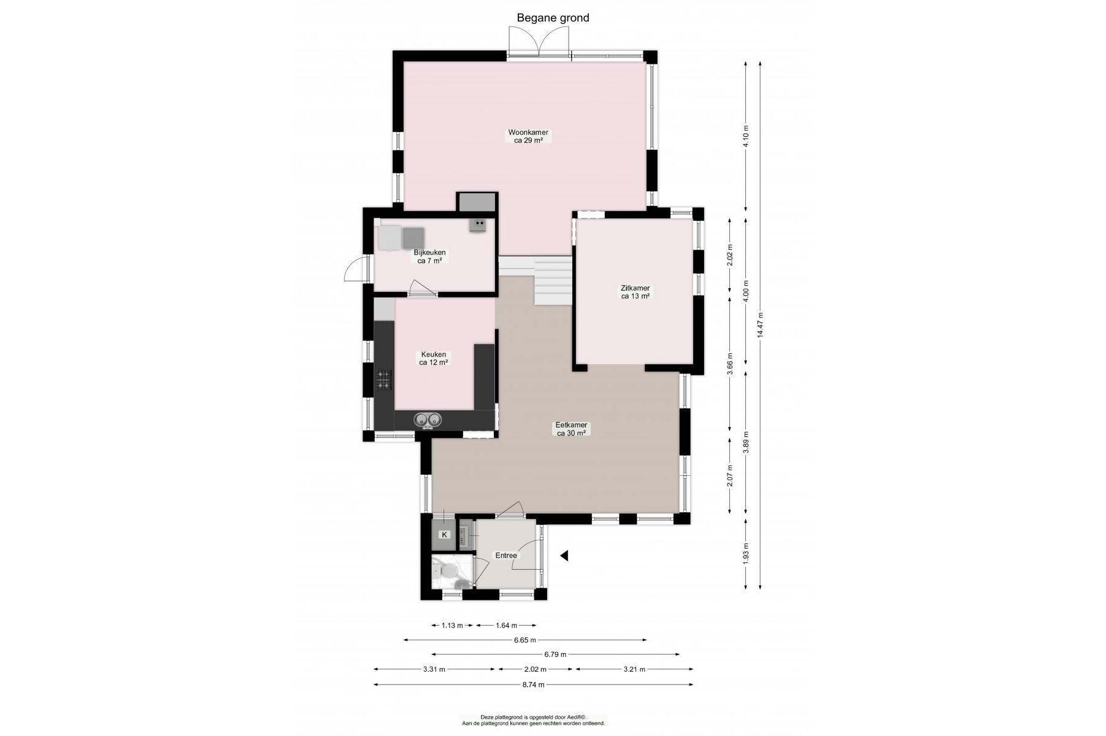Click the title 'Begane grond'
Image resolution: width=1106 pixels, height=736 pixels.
pos(553,18)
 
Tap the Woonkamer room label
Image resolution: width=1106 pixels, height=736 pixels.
pos(528,136)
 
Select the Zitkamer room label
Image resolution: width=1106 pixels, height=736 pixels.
pos(636,292)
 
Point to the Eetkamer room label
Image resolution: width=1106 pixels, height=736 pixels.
pos(571,429)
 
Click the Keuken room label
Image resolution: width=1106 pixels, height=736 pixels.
pos(433,358)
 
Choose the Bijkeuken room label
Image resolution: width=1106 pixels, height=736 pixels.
pos(429,256)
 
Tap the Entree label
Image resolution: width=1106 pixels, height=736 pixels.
pos(506,556)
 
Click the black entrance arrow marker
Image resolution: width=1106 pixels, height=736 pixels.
pos(564,556)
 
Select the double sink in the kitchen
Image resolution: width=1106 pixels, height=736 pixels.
pos(428,420)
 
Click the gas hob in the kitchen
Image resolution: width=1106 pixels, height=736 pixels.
pos(384,380)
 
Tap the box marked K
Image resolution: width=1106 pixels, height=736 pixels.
pos(445,535)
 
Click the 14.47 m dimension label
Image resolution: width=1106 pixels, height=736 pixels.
pos(760,325)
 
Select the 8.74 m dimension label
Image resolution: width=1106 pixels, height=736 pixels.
pos(534,685)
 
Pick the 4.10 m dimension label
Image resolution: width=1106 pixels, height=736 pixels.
pos(746,136)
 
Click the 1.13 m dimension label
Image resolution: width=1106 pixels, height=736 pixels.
pos(452,626)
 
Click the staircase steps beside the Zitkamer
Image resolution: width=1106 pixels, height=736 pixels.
pos(553,281)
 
